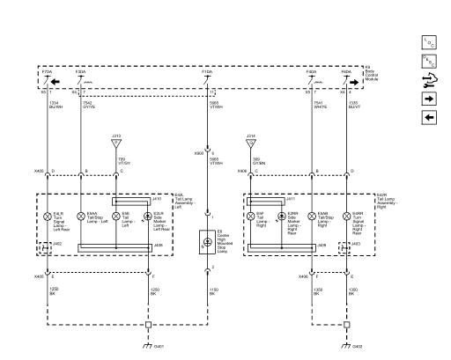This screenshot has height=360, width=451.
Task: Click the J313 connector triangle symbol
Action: (x=116, y=140)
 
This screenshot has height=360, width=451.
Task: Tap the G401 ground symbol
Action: (x=148, y=346)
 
